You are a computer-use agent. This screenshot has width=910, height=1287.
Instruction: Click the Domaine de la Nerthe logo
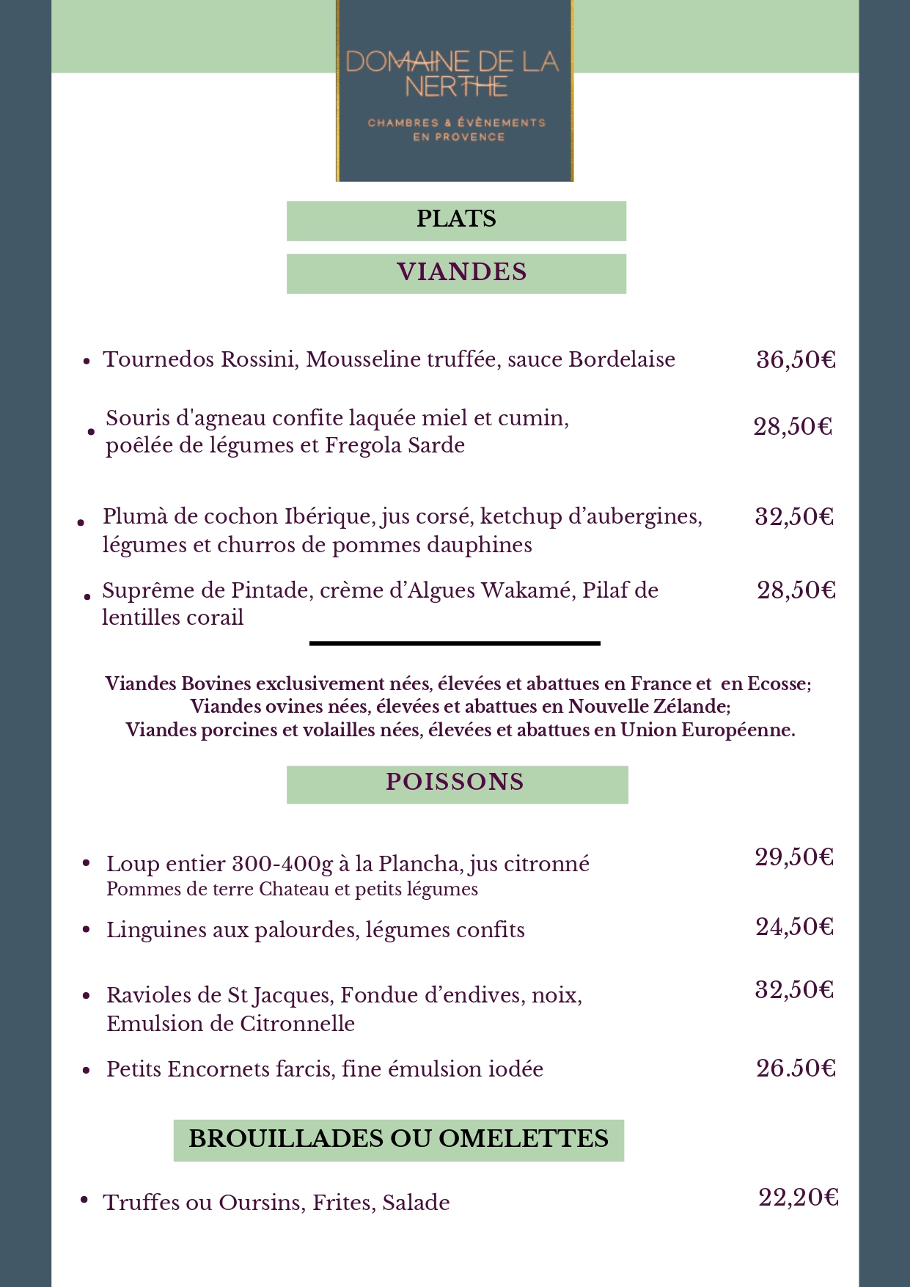455,91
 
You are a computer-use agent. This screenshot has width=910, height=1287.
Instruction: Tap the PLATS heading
456,219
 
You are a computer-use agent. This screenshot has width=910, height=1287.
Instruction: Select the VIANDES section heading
462,272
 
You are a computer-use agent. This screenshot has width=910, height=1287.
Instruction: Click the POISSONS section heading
455,782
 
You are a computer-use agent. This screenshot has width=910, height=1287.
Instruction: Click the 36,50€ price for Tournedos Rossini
796,360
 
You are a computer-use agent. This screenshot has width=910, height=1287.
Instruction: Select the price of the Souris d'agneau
793,427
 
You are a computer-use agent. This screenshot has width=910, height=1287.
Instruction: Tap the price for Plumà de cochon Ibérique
795,517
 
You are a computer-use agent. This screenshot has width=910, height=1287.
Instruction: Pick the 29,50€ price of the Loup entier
795,857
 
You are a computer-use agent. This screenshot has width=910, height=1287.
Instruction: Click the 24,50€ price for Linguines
795,927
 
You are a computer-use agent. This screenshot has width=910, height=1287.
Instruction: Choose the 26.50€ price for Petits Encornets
796,1068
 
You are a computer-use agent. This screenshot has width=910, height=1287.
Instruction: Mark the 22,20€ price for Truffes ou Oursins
799,1198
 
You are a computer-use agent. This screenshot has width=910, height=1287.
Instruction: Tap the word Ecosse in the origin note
776,683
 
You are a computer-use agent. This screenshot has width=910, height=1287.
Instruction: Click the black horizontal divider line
455,643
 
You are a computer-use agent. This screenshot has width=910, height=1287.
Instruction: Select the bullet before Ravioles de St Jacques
87,996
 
